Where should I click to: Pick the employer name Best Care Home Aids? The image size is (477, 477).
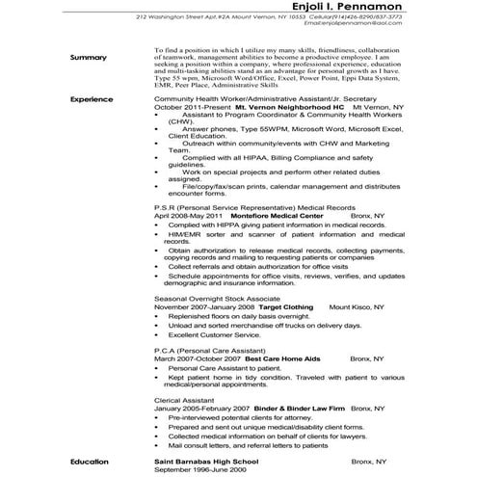pos(286,358)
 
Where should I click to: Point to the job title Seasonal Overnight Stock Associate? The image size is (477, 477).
pos(217,299)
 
